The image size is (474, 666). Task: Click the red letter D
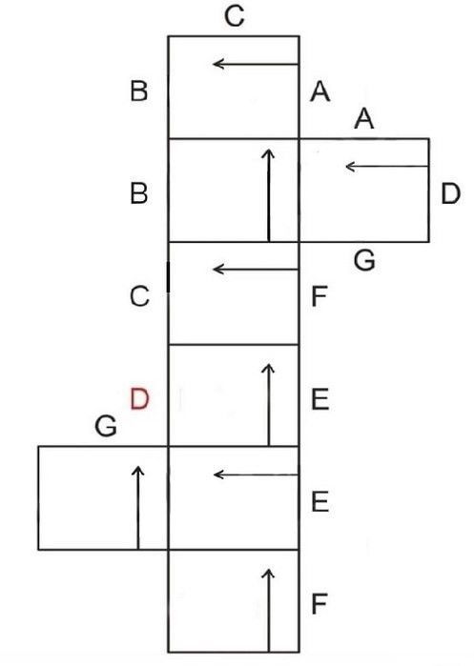tap(140, 399)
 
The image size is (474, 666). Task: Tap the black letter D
tap(450, 193)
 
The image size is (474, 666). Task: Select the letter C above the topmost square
tap(235, 16)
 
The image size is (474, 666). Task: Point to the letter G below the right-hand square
tap(364, 260)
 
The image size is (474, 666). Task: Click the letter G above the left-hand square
tap(106, 426)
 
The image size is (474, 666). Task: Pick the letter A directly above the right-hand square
tap(364, 118)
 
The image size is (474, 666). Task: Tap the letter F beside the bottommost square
tap(319, 603)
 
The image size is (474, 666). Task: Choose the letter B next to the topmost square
tap(139, 91)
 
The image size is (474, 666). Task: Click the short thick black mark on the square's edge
tap(169, 277)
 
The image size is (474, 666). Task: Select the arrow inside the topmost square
tap(256, 64)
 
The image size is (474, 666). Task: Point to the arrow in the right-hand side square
tap(387, 166)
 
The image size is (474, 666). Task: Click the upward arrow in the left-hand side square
tap(137, 508)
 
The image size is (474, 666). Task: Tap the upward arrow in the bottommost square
tap(268, 610)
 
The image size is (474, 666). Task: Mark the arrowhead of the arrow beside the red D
tap(268, 369)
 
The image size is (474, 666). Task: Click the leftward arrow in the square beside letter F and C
tap(256, 269)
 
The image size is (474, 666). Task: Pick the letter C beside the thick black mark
tap(139, 296)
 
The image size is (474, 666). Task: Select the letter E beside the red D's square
tap(320, 399)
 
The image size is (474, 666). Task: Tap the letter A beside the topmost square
tap(320, 91)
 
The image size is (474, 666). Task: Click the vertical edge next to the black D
tap(428, 191)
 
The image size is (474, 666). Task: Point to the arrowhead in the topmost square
tap(218, 64)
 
